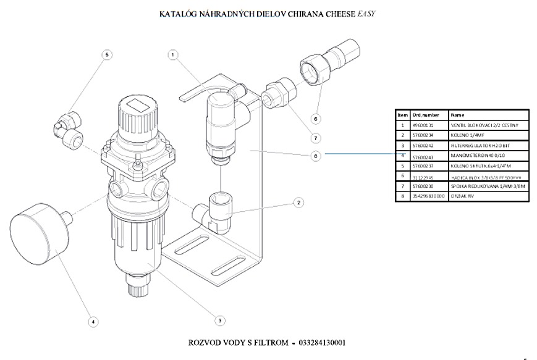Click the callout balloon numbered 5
point(107,55)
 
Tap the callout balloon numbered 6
point(315,119)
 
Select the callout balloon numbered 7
point(315,138)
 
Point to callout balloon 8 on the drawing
point(315,156)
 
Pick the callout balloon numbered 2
point(298,202)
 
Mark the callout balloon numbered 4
point(93,321)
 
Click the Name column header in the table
point(458,115)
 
